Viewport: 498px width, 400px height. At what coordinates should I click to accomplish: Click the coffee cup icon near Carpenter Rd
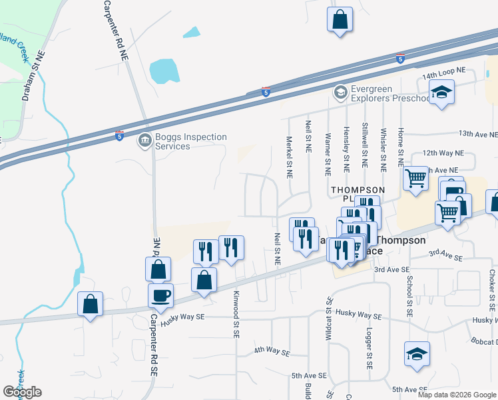160,295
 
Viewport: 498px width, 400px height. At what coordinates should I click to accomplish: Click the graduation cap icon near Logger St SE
417,355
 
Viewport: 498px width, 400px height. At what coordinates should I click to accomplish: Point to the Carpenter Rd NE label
116,31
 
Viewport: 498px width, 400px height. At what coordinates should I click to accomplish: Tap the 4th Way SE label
272,351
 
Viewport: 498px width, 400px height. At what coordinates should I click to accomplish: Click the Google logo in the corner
22,392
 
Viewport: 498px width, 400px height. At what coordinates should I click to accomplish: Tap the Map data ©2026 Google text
457,395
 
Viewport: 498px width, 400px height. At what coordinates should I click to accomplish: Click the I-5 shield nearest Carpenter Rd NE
119,135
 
